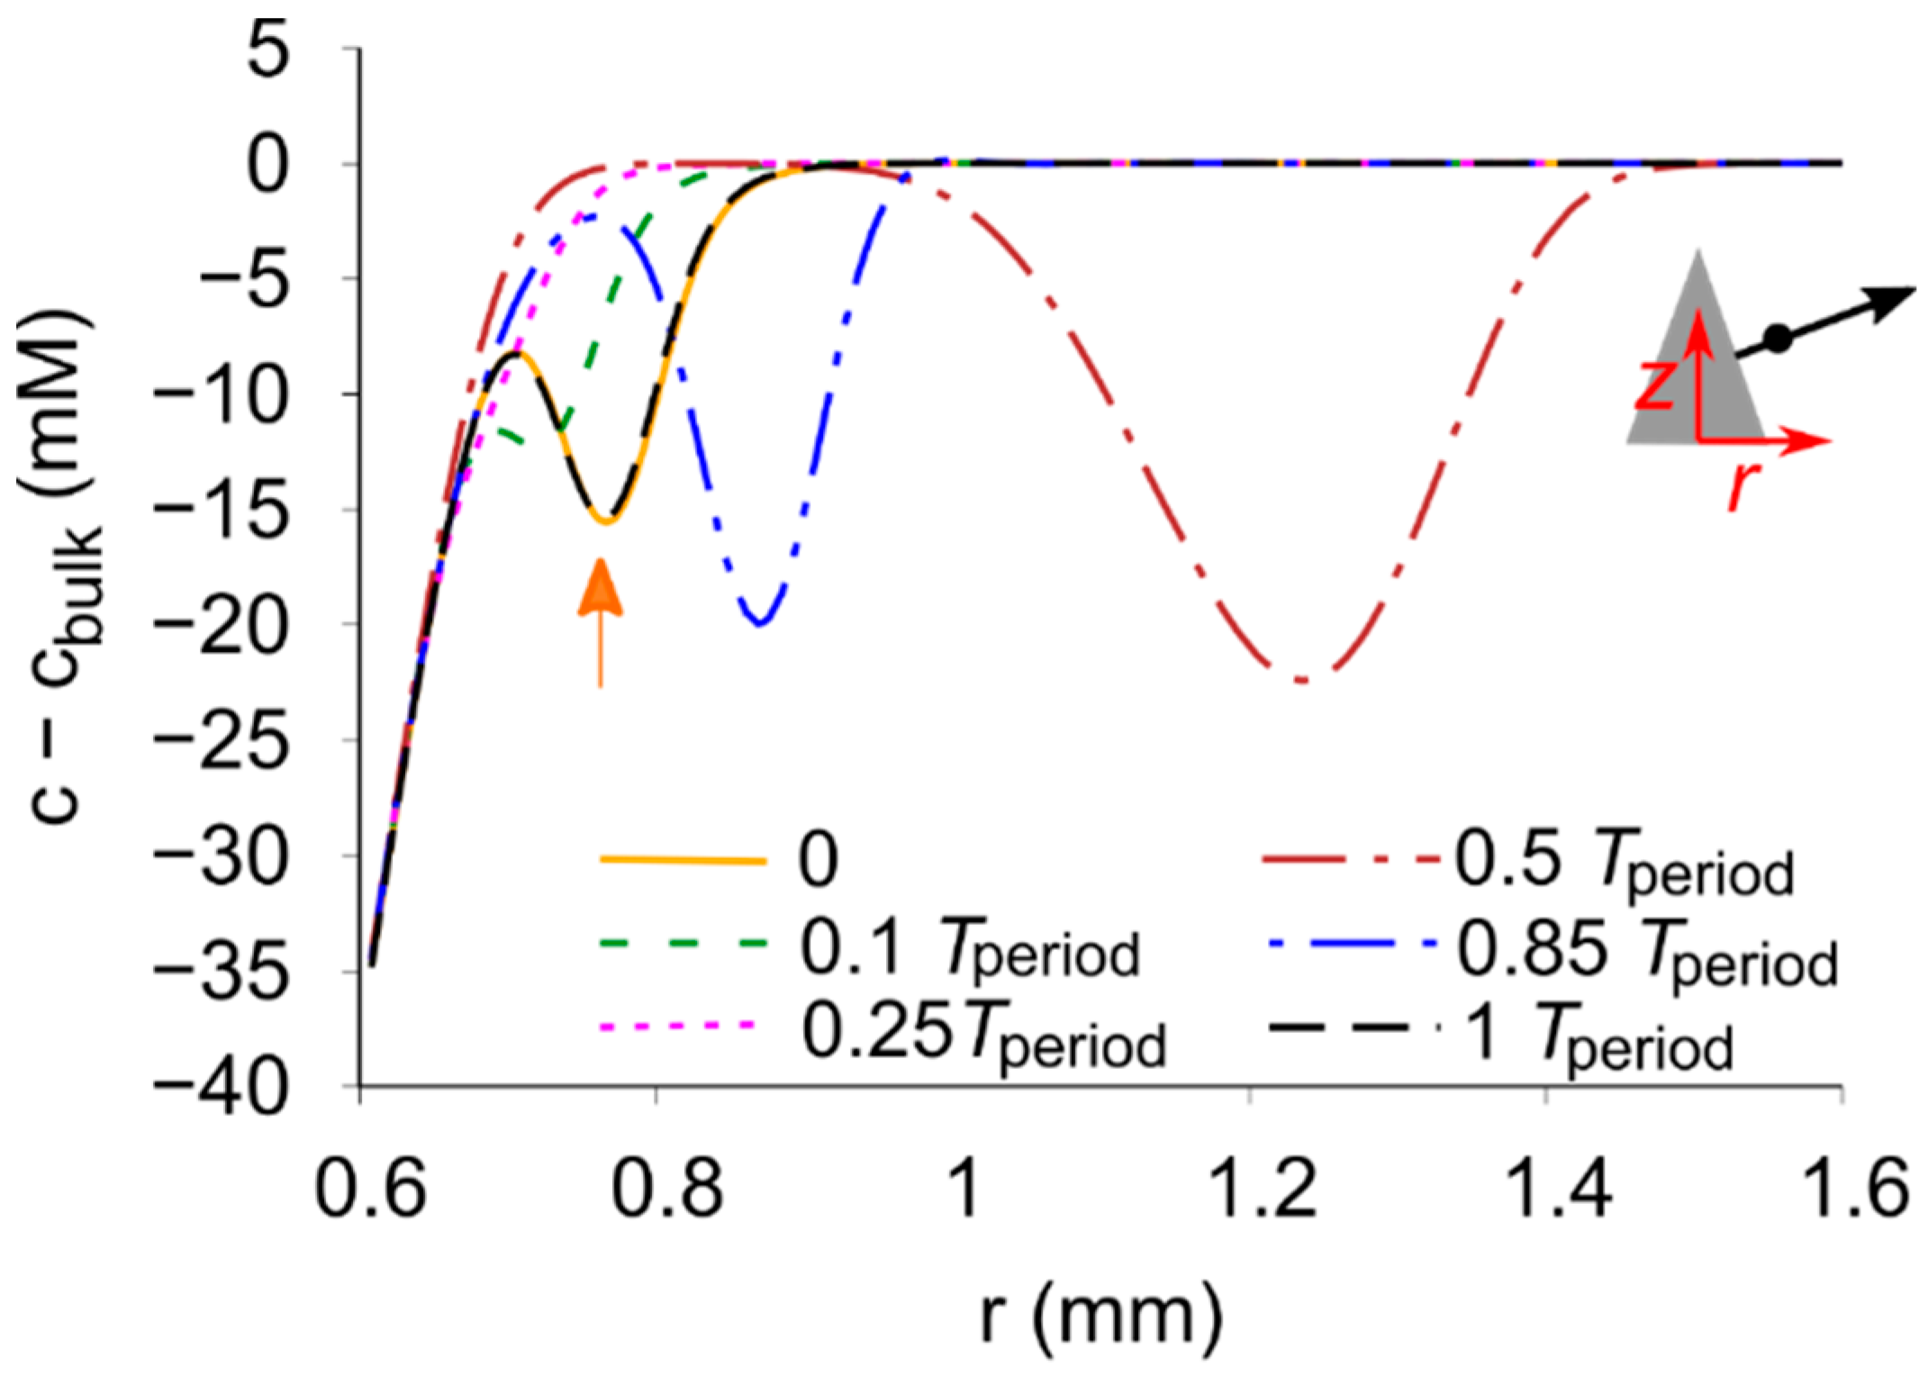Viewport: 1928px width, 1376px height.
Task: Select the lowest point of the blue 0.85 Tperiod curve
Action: pos(761,623)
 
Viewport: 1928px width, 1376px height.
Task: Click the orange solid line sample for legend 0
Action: pos(683,860)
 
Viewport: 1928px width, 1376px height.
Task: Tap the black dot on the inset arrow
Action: pos(1778,339)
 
